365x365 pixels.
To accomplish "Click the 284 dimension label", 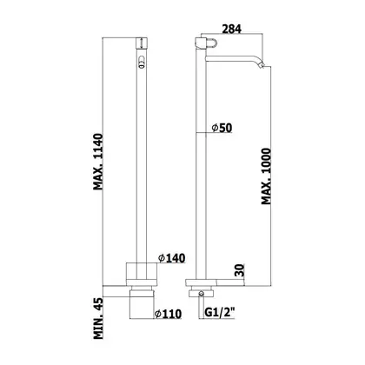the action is [231, 29].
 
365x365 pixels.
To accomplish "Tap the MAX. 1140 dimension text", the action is [98, 162].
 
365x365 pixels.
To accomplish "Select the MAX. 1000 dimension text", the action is [266, 176].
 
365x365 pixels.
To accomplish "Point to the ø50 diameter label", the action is [222, 128].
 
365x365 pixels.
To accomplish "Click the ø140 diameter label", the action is [171, 258].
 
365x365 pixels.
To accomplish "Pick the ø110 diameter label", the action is [168, 314].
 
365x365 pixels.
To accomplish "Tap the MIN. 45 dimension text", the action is [98, 318].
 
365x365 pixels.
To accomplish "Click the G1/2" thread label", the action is [220, 313].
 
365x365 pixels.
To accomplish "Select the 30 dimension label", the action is [241, 270].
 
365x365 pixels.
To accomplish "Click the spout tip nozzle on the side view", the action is [262, 66].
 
